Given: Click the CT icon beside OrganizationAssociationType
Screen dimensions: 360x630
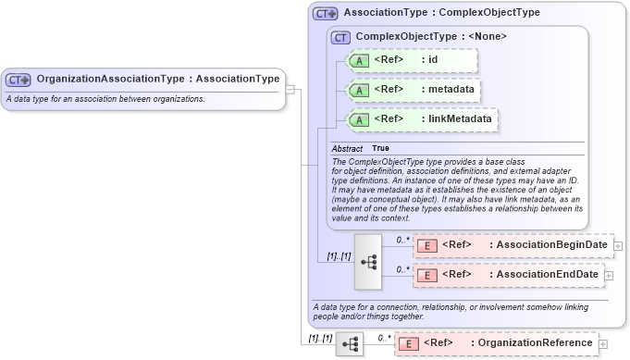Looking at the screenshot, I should pyautogui.click(x=19, y=79).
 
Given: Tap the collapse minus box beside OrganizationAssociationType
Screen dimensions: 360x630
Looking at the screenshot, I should pyautogui.click(x=290, y=90).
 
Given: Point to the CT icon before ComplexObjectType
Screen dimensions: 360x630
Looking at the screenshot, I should pyautogui.click(x=340, y=37).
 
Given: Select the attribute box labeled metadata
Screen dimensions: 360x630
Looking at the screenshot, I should pyautogui.click(x=413, y=90).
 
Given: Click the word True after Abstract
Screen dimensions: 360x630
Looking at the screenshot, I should pyautogui.click(x=380, y=148).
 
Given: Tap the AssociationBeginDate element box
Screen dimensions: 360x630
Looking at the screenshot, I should pyautogui.click(x=512, y=245).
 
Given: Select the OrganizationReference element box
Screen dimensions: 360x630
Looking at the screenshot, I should pyautogui.click(x=496, y=343).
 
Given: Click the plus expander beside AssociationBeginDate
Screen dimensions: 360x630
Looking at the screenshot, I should pyautogui.click(x=617, y=245).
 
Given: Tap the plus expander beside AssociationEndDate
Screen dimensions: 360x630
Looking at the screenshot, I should pyautogui.click(x=607, y=275).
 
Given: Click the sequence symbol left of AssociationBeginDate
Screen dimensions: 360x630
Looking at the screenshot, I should pyautogui.click(x=368, y=261).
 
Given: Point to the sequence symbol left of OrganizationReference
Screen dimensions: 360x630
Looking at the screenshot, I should pyautogui.click(x=350, y=344).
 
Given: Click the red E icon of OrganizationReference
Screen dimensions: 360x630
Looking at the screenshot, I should pyautogui.click(x=408, y=343).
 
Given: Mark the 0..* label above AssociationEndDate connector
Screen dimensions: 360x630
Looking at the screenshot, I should pyautogui.click(x=402, y=268).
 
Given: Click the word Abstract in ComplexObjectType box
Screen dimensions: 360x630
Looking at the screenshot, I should pyautogui.click(x=347, y=148).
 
